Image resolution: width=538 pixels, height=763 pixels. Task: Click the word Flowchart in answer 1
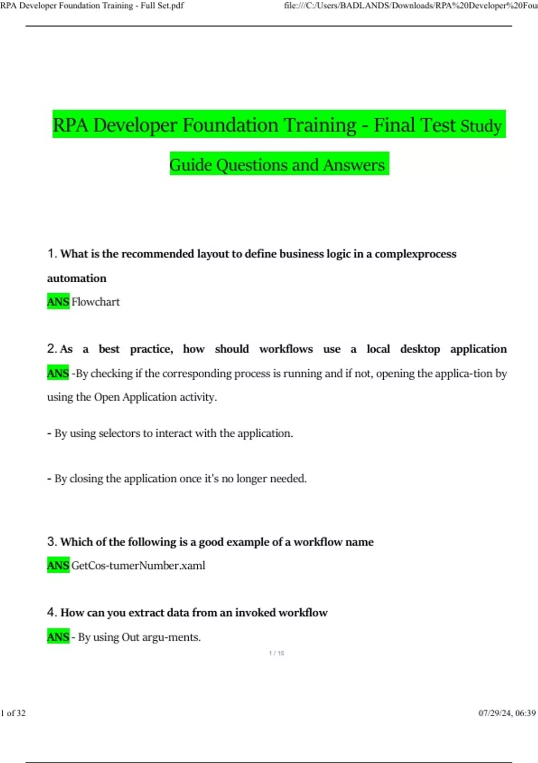[x=95, y=302]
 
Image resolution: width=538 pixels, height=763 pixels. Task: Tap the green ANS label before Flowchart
[x=58, y=302]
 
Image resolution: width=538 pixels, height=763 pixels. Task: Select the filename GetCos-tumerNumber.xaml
[x=138, y=565]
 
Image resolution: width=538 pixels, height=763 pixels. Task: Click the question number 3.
[x=52, y=542]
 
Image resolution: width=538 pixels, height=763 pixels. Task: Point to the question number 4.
[x=52, y=612]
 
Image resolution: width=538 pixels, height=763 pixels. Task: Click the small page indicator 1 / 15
[x=277, y=653]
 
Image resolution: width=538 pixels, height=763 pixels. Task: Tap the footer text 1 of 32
[x=13, y=713]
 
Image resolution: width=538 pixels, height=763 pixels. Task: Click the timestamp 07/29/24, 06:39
[x=507, y=713]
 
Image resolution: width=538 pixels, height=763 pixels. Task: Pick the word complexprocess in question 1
[x=416, y=254]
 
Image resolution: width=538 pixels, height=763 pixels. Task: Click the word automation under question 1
[x=77, y=278]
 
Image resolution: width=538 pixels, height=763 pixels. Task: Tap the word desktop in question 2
[x=420, y=349]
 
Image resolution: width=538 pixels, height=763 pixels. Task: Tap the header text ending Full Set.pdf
[x=92, y=6]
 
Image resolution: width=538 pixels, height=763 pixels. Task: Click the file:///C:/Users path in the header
[x=410, y=6]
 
